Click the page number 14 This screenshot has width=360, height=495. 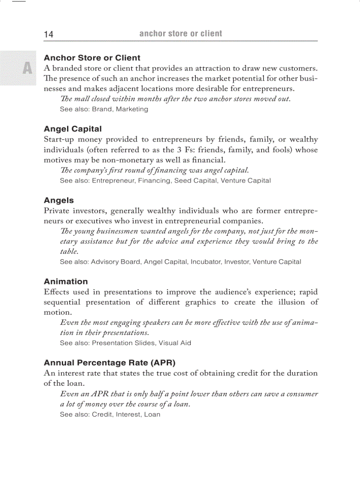click(49, 34)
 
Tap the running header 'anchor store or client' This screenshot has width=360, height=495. click(180, 33)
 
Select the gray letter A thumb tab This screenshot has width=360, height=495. click(27, 68)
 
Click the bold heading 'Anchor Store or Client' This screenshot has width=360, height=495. click(92, 58)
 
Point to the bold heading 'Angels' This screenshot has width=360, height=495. click(59, 201)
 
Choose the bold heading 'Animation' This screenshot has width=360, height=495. click(66, 281)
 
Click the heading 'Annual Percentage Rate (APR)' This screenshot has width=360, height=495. click(109, 363)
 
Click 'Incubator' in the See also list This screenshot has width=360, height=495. click(205, 261)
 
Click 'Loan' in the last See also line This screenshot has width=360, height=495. click(152, 414)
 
